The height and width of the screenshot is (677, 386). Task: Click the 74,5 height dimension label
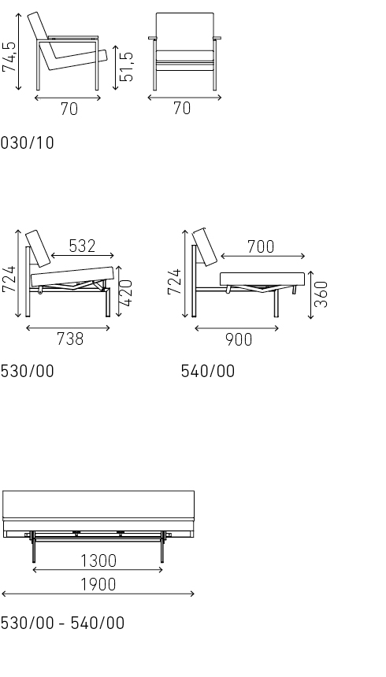click(x=10, y=57)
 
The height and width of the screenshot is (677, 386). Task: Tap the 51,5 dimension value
click(x=127, y=67)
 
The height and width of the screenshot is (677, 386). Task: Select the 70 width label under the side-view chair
click(x=69, y=109)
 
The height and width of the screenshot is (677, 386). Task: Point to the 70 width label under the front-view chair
click(x=182, y=109)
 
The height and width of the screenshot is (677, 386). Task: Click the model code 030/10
click(x=28, y=143)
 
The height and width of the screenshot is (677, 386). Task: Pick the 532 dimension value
click(x=82, y=246)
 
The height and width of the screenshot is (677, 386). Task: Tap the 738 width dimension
click(x=70, y=339)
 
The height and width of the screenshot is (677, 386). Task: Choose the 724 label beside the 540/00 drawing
click(x=175, y=282)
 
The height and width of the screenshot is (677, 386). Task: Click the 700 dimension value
click(x=261, y=247)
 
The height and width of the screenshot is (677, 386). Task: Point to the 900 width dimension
click(x=239, y=339)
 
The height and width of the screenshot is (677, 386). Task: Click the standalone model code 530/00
click(x=28, y=371)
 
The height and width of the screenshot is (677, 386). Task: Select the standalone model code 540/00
click(x=208, y=371)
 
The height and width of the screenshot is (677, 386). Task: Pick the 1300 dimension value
click(x=98, y=560)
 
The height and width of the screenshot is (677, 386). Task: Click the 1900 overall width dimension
click(x=98, y=584)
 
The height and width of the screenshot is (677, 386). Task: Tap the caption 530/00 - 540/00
click(x=62, y=623)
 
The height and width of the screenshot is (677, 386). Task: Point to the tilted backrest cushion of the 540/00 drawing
click(x=206, y=246)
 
